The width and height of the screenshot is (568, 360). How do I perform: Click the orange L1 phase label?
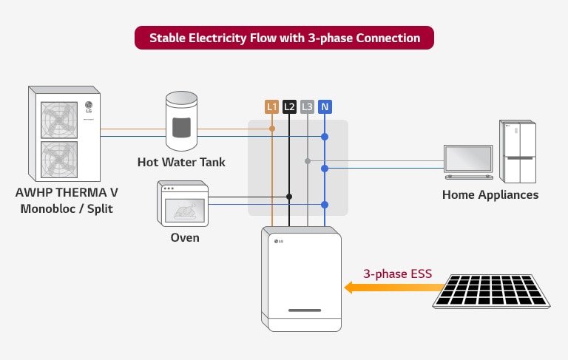272,107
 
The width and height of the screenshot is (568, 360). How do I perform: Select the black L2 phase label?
289,107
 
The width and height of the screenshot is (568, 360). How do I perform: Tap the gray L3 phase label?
307,107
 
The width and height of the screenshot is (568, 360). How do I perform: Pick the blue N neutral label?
325,107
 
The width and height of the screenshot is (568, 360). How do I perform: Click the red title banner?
284,38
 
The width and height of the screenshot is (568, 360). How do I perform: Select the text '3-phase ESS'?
393,272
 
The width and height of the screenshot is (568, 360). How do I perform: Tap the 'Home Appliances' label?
490,195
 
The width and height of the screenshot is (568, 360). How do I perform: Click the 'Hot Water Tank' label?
181,162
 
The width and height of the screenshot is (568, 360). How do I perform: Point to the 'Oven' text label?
184,238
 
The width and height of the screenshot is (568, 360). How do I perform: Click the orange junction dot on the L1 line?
272,129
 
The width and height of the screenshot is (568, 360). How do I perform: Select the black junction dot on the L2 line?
289,197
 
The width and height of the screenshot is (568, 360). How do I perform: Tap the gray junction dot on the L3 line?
307,160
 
